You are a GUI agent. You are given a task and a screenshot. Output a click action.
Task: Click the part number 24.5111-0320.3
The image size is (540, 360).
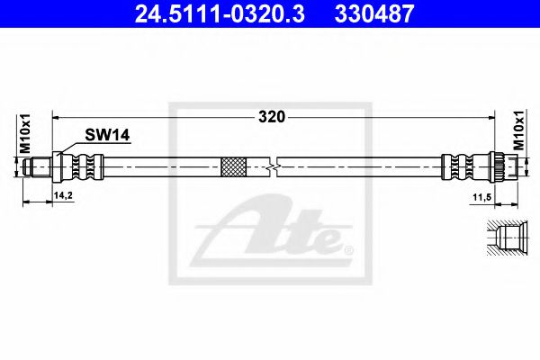220,13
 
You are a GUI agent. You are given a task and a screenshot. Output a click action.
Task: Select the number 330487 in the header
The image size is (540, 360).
374,13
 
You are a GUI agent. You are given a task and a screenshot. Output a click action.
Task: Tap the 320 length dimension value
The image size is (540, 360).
272,118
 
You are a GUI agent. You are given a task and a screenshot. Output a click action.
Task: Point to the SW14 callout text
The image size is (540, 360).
107,135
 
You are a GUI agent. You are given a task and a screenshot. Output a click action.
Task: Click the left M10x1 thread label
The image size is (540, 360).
25,133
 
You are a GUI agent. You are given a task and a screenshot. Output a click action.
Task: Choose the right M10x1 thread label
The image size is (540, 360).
519,130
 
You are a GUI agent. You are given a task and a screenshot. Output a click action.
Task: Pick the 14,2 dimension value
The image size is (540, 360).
63,195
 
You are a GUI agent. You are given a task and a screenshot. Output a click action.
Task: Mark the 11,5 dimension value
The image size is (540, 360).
481,197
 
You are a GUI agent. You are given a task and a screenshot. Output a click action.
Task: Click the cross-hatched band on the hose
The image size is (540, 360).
233,167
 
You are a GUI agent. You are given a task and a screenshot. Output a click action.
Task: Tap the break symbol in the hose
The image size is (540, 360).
272,167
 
